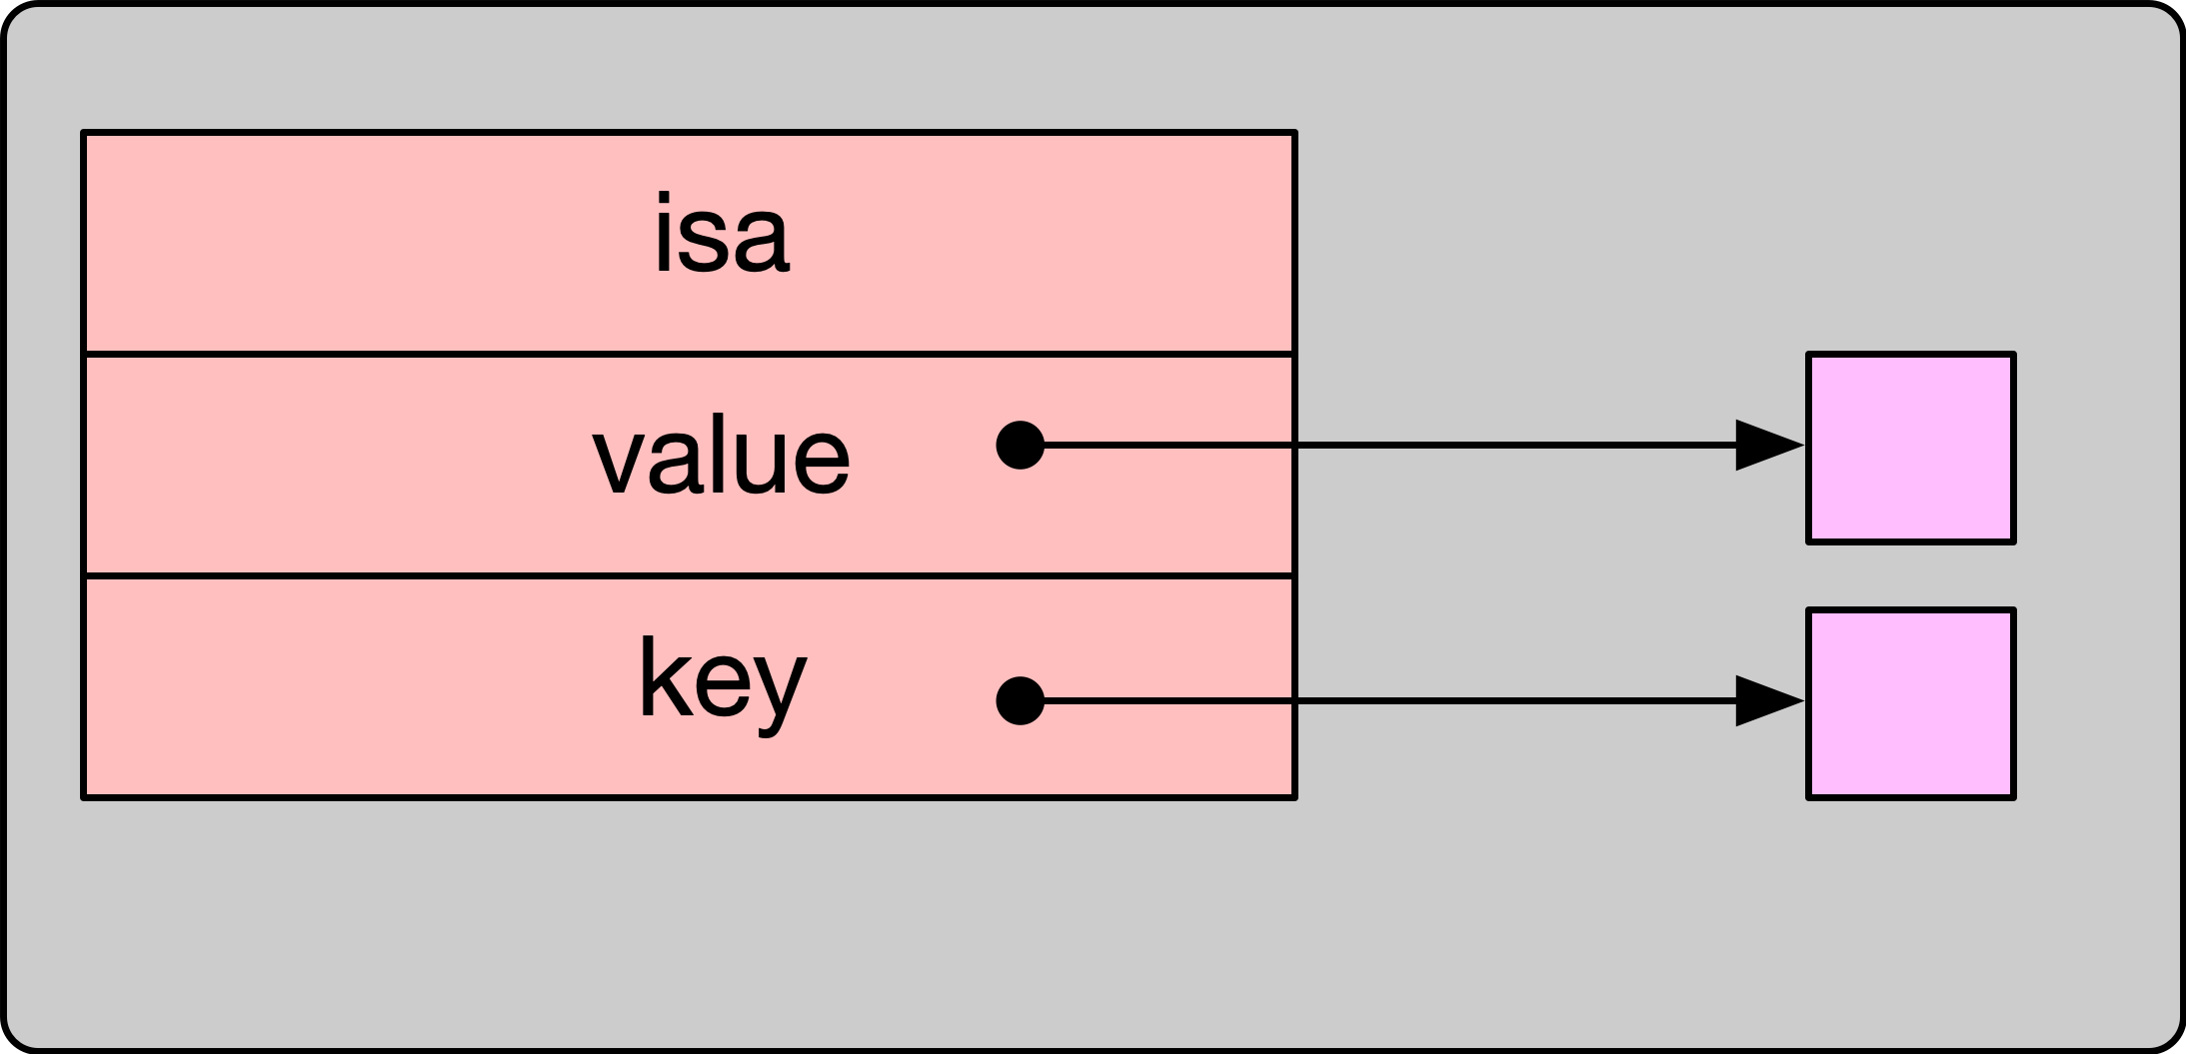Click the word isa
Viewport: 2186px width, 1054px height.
click(x=722, y=236)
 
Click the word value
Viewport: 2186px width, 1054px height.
click(x=721, y=458)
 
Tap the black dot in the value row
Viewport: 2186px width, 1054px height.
click(x=1021, y=445)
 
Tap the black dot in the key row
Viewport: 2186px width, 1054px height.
click(x=1021, y=700)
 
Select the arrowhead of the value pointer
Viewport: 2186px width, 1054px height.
click(x=1767, y=445)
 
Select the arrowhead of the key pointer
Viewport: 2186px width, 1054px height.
click(x=1767, y=700)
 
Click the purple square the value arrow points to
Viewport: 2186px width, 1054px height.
click(x=1910, y=448)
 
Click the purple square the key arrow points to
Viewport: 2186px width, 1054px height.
click(x=1910, y=703)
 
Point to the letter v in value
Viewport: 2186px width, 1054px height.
click(x=618, y=461)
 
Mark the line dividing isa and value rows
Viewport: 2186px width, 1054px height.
click(x=690, y=354)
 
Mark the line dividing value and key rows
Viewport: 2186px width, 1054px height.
click(x=690, y=575)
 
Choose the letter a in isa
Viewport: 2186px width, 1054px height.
click(x=764, y=244)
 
